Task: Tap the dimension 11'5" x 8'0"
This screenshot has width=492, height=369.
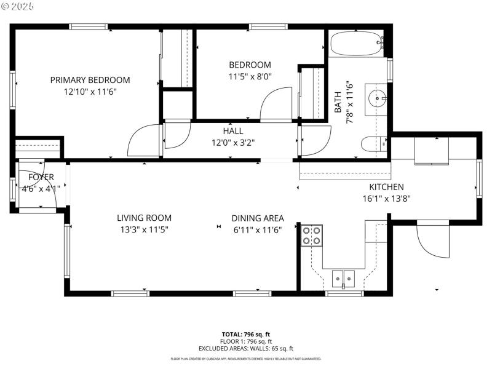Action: point(250,76)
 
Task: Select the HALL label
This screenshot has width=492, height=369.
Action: point(233,131)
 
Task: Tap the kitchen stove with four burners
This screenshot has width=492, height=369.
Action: point(312,236)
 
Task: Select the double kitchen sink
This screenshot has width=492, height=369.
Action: point(342,279)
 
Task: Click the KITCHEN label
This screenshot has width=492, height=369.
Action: point(386,187)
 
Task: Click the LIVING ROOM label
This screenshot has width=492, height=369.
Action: point(144,218)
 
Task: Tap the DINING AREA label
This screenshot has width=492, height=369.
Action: point(258,218)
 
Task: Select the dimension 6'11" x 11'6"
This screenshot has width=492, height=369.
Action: point(258,229)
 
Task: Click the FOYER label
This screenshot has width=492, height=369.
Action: point(41,177)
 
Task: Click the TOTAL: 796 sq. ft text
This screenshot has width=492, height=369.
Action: point(245,335)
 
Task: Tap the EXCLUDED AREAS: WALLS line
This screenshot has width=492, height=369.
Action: point(245,348)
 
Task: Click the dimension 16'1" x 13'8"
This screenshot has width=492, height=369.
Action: point(386,198)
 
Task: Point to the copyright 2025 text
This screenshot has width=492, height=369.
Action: point(18,6)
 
